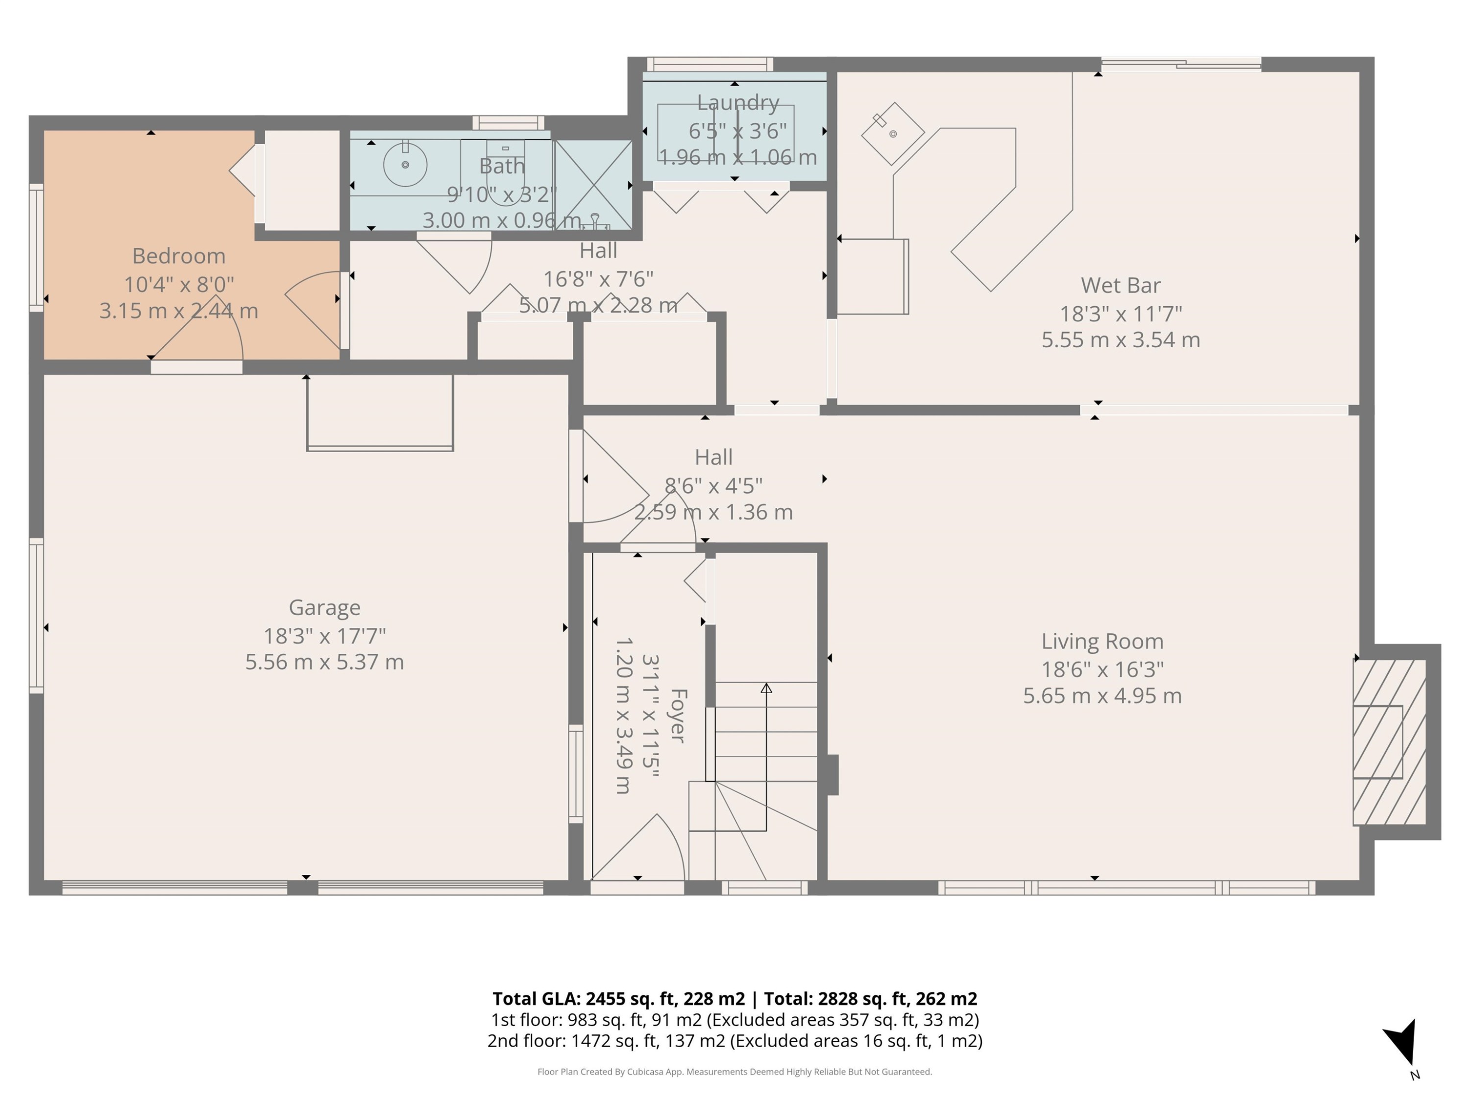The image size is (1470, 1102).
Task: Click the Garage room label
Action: click(324, 607)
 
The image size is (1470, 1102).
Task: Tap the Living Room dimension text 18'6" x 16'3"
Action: click(1102, 669)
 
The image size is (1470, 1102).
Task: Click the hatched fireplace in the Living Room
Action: click(1389, 742)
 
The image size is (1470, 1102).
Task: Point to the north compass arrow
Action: click(1403, 1043)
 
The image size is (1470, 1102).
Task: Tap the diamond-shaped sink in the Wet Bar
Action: click(892, 134)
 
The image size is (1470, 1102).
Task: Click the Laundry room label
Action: click(737, 103)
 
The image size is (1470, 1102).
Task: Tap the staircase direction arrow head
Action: click(766, 688)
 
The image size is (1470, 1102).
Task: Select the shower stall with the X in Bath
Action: click(593, 185)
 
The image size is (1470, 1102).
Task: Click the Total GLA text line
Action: click(735, 998)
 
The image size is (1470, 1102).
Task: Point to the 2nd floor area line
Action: click(735, 1041)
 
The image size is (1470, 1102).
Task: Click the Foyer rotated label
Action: click(677, 716)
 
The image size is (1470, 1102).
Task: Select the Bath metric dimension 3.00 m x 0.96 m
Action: click(502, 220)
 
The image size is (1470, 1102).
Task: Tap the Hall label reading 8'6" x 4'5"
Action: click(713, 485)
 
